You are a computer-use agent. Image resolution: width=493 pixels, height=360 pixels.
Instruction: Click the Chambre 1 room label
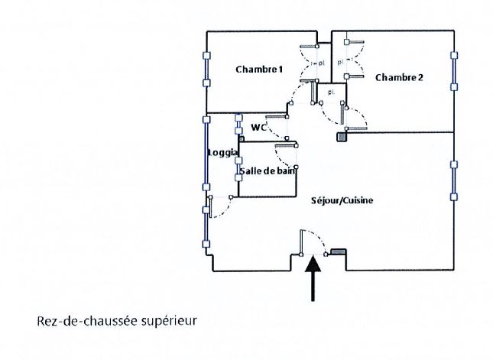tap(259, 70)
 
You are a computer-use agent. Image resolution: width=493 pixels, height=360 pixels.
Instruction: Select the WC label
tap(258, 128)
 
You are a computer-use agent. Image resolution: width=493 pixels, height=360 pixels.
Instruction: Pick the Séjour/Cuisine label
tap(342, 201)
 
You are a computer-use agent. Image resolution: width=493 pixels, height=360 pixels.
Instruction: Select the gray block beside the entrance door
tap(338, 251)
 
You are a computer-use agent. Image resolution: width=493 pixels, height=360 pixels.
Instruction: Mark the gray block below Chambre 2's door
tap(342, 137)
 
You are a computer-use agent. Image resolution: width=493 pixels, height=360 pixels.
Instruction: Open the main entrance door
tap(303, 242)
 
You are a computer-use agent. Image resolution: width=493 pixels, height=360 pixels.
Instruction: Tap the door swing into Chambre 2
tap(355, 118)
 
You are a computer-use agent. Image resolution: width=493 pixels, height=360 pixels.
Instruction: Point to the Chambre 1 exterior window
tap(206, 72)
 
